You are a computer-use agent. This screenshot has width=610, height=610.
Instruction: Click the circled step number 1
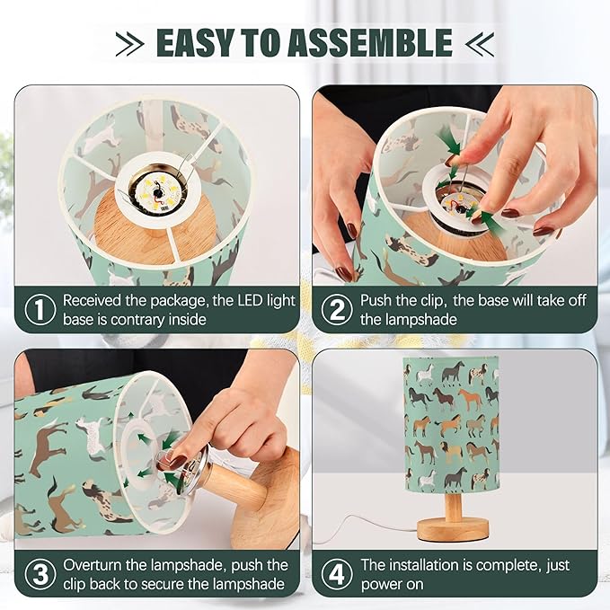pos(40,310)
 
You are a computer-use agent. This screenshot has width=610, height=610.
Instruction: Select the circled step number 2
pos(337,310)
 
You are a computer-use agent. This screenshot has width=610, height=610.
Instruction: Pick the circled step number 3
pos(40,575)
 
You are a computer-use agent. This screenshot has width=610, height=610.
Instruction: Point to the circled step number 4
pos(337,575)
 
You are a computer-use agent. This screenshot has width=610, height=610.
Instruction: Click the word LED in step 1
pos(250,300)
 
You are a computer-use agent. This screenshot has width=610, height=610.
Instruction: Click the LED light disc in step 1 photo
pos(157,190)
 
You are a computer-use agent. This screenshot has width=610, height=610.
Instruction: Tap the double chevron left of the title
pos(129,44)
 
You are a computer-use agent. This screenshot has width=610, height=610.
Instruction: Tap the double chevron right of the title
pos(480,44)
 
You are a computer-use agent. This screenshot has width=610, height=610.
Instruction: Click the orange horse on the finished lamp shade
pos(470,399)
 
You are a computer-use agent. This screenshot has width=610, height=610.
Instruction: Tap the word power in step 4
pos(382,585)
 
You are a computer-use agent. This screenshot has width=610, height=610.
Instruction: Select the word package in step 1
pos(180,301)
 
